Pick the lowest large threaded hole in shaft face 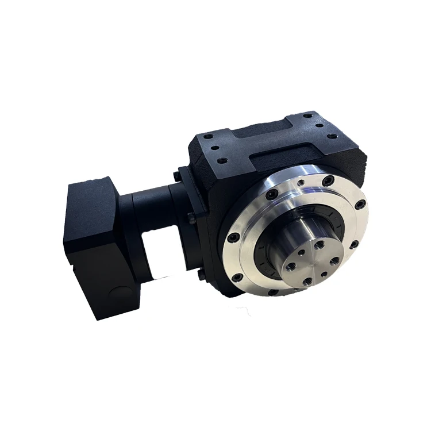point(308,281)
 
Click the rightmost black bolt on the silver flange point(359,204)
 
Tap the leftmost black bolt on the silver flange point(232,237)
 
